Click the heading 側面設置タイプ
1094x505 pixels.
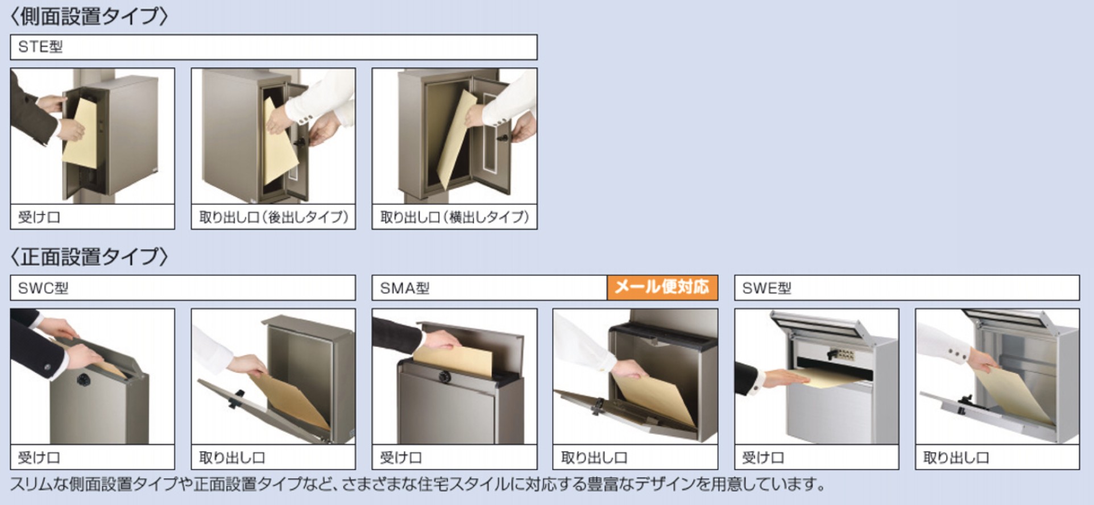pyautogui.click(x=89, y=16)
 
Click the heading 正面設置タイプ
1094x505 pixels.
pyautogui.click(x=89, y=257)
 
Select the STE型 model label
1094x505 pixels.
pyautogui.click(x=40, y=47)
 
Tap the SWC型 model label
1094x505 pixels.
pyautogui.click(x=43, y=288)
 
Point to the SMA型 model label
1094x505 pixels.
pyautogui.click(x=405, y=288)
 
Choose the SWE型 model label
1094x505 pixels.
pyautogui.click(x=766, y=288)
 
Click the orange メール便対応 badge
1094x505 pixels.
pyautogui.click(x=662, y=287)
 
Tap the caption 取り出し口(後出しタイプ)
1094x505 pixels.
pyautogui.click(x=273, y=217)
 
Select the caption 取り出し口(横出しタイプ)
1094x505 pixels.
pyautogui.click(x=454, y=217)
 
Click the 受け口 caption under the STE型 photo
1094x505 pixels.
pyautogui.click(x=39, y=217)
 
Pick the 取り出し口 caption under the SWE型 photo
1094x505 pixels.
pyautogui.click(x=956, y=458)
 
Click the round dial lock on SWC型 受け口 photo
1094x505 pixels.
pyautogui.click(x=84, y=379)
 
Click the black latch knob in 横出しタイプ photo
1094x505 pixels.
pyautogui.click(x=503, y=138)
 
